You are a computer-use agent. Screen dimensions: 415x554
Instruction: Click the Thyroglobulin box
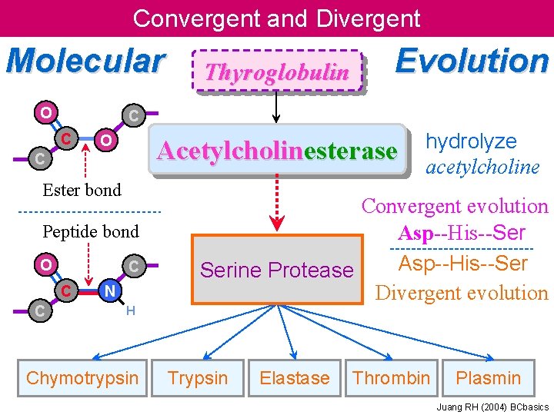pyautogui.click(x=277, y=72)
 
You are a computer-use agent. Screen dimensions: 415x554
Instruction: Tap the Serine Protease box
pyautogui.click(x=276, y=270)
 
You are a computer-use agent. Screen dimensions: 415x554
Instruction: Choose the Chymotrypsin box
pyautogui.click(x=82, y=378)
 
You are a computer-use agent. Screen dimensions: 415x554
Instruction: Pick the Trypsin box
pyautogui.click(x=198, y=378)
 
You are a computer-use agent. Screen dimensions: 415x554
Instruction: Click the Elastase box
pyautogui.click(x=294, y=378)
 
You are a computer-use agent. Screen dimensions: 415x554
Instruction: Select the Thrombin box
pyautogui.click(x=391, y=378)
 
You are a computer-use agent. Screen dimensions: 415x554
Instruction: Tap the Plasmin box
pyautogui.click(x=488, y=378)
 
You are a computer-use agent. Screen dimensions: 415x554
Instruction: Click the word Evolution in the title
pyautogui.click(x=471, y=61)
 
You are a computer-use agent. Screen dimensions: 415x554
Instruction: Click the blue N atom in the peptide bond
pyautogui.click(x=110, y=290)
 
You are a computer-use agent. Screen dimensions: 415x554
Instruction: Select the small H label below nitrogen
pyautogui.click(x=131, y=310)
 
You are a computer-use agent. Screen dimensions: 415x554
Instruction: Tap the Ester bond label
pyautogui.click(x=82, y=190)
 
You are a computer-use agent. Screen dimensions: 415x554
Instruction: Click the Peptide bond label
pyautogui.click(x=91, y=231)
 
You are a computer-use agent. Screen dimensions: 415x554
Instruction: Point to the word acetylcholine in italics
pyautogui.click(x=482, y=168)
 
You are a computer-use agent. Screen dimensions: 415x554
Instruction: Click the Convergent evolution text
pyautogui.click(x=455, y=206)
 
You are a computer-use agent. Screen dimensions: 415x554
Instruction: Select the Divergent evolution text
pyautogui.click(x=461, y=293)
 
